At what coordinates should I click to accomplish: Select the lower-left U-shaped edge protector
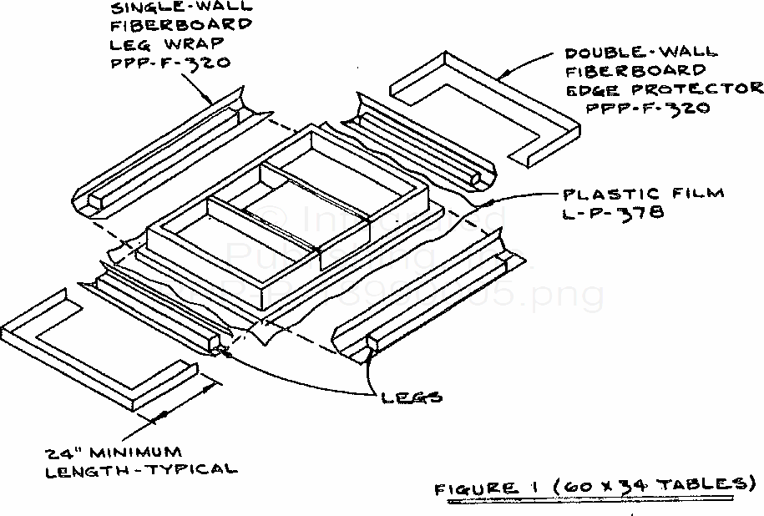coord(92,342)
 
